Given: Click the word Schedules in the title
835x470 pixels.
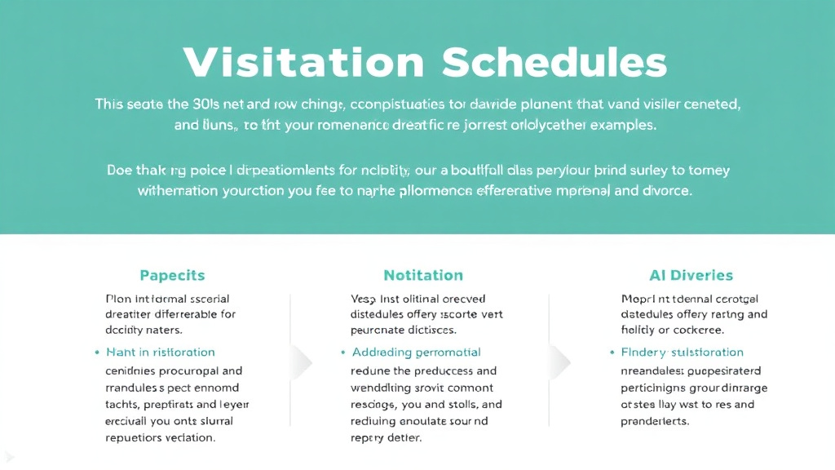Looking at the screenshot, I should point(554,63).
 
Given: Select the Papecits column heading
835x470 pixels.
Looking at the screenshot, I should point(172,275).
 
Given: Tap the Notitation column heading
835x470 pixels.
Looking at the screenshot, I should point(422,275).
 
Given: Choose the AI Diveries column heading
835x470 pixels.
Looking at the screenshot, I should point(679,275).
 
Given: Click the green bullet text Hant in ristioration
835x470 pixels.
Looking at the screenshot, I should point(160,352).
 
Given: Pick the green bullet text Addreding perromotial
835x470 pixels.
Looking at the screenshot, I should point(416,352).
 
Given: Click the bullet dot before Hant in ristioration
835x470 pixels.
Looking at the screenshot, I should point(97,353).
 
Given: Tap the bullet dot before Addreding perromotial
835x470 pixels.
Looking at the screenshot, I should point(342,353).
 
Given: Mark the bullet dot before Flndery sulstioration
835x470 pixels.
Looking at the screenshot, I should point(612,353).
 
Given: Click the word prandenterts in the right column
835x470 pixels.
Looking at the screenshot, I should point(655,422).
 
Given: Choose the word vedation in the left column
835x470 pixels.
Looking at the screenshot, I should point(189,437).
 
